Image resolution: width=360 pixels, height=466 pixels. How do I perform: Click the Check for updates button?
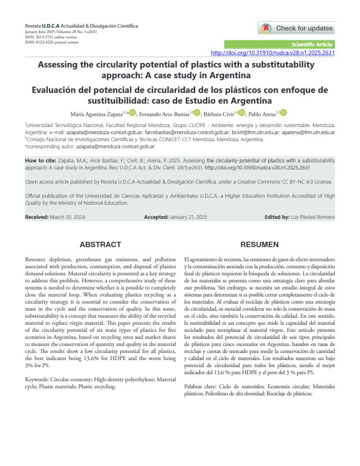pos(296,28)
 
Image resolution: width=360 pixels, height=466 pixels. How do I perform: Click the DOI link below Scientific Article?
pos(272,53)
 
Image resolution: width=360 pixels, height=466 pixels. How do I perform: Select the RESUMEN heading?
pos(259,244)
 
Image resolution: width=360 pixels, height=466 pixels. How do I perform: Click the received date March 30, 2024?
pos(71,217)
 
